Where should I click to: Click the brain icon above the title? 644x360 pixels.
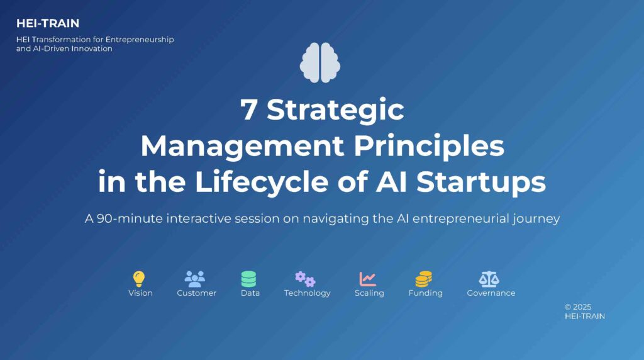click(x=320, y=62)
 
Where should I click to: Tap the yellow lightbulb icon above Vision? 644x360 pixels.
click(x=139, y=279)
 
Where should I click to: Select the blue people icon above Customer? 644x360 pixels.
click(x=195, y=279)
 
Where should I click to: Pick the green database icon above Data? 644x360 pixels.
click(x=248, y=279)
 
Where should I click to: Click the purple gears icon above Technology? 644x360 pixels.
click(x=305, y=279)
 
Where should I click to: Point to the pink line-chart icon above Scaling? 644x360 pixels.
click(x=367, y=279)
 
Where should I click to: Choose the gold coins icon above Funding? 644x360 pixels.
click(x=423, y=279)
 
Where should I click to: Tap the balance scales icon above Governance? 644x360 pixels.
click(x=489, y=279)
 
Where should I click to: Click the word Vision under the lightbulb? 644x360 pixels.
click(x=140, y=293)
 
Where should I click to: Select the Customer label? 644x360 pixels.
click(x=196, y=293)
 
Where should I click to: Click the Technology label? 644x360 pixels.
click(x=307, y=293)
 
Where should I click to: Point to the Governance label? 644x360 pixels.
click(x=491, y=293)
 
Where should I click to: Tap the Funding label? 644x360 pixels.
click(x=426, y=293)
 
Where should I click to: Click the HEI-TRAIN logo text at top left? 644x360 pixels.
click(x=48, y=23)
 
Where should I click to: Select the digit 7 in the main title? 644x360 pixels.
click(x=248, y=110)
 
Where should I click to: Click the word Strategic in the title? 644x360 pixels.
click(x=335, y=110)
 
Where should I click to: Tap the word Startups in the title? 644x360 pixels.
click(x=481, y=182)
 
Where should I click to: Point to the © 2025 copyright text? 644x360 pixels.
click(x=578, y=307)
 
